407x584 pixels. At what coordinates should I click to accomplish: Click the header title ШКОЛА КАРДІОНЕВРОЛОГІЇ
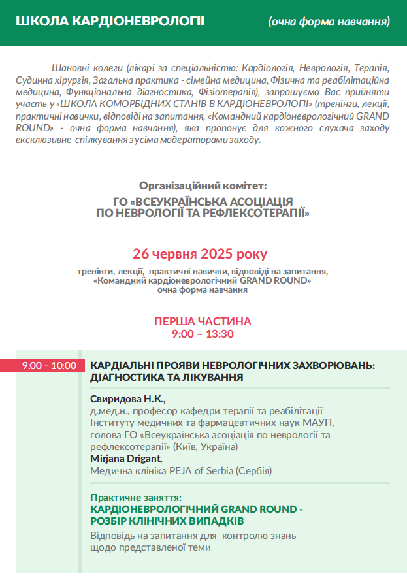point(110,21)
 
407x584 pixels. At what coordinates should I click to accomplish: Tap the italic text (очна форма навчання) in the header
point(329,22)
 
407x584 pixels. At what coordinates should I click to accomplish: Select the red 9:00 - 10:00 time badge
point(49,366)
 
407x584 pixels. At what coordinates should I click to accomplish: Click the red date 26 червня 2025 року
point(200,253)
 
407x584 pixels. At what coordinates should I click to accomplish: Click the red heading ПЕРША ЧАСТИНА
point(203,321)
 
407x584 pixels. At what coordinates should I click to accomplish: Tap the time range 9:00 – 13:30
point(203,334)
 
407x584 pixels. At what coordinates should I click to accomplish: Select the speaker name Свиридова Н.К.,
point(128,399)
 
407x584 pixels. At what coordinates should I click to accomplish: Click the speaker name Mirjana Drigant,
point(126,459)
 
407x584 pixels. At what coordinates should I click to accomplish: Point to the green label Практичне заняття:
point(136,497)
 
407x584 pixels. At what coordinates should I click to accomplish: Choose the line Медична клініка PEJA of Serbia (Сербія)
point(180,470)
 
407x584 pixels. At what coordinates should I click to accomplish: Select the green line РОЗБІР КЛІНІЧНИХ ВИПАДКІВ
point(167,521)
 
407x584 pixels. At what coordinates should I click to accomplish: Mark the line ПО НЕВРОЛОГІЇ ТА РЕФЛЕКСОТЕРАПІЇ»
point(203,212)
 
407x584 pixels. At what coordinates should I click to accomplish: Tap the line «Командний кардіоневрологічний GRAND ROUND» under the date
point(203,280)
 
